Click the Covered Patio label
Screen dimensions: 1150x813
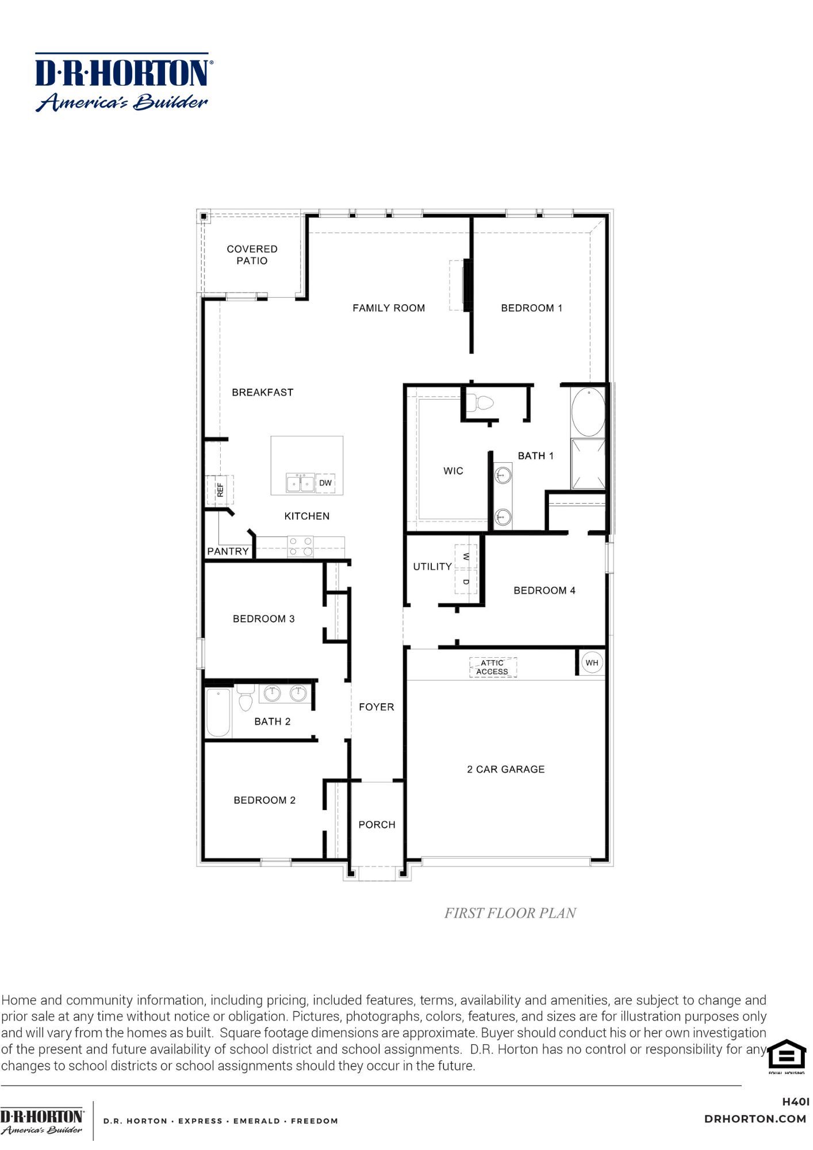(252, 255)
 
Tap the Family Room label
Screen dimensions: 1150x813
(389, 308)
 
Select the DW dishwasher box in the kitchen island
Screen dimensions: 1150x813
(325, 483)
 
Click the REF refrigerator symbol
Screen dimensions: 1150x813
(220, 490)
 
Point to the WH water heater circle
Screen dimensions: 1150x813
(592, 663)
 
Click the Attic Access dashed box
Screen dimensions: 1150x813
(493, 668)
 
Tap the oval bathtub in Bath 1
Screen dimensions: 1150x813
(588, 412)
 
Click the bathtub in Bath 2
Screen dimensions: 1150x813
(218, 712)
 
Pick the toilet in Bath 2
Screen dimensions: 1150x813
(246, 697)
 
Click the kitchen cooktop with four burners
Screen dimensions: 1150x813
(301, 547)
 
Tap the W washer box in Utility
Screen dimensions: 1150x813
(466, 557)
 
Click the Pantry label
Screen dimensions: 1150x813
(228, 551)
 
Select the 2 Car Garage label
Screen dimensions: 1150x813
(505, 769)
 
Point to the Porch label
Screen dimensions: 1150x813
(377, 825)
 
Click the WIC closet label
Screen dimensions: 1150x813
(453, 471)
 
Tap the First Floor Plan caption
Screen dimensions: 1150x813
(510, 914)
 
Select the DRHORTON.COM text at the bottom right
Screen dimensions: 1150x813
(755, 1119)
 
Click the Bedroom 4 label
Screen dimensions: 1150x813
(544, 591)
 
